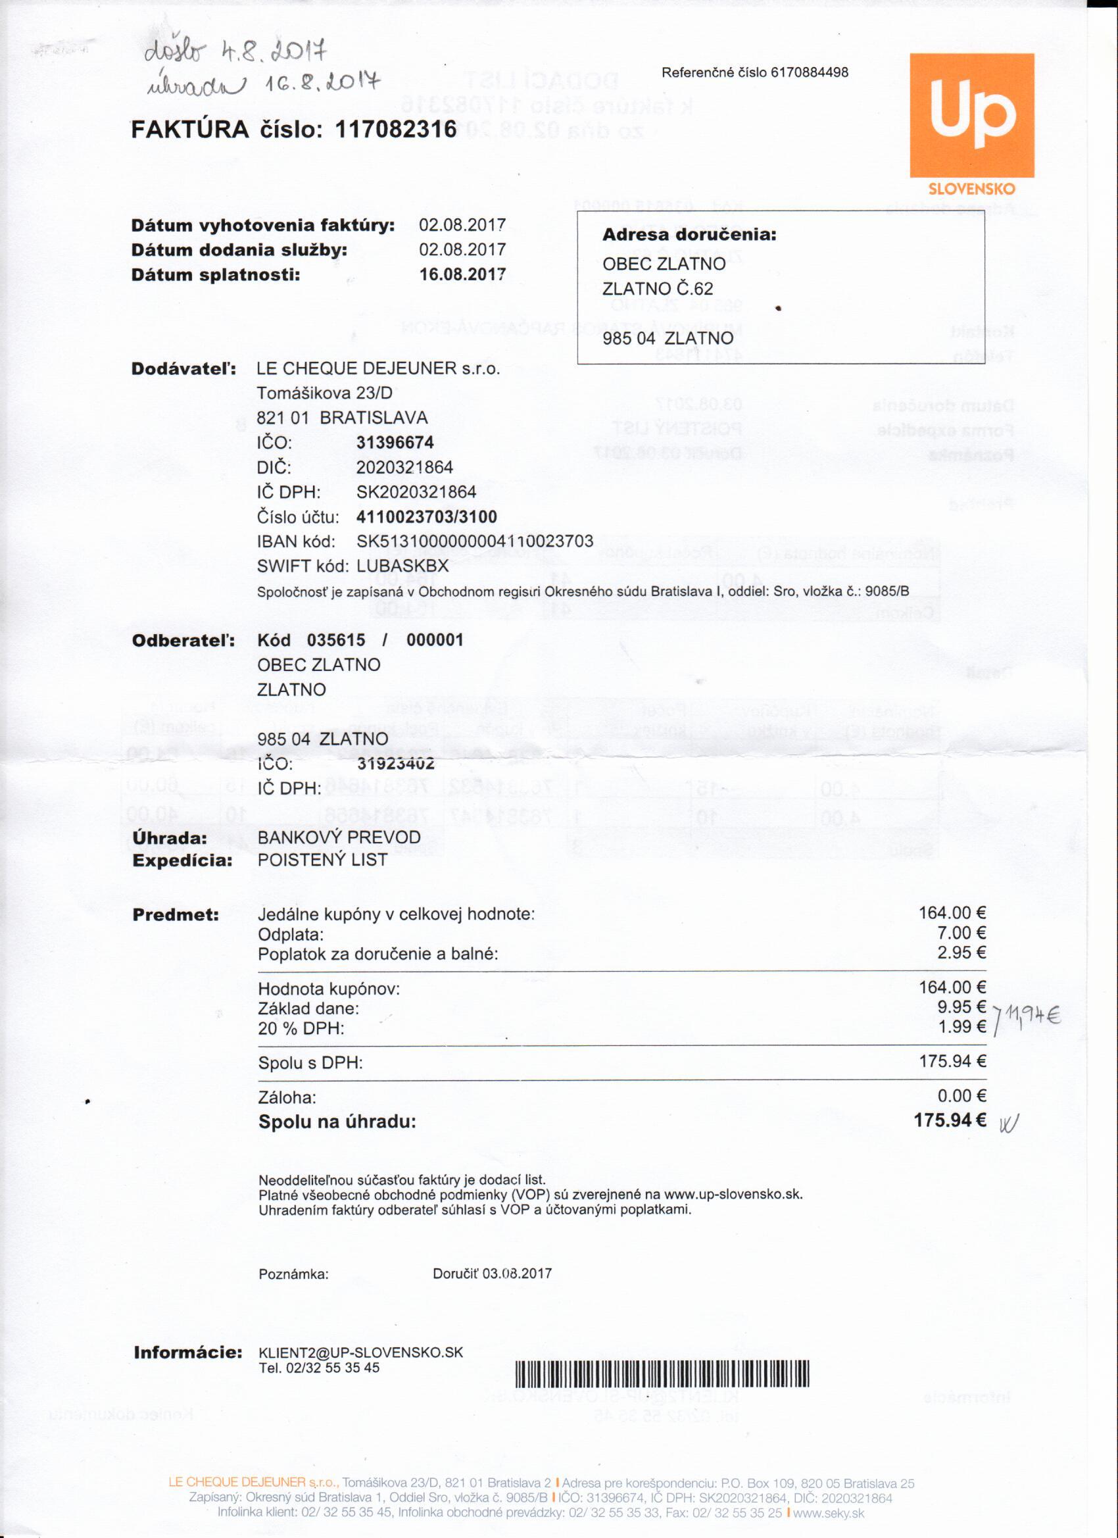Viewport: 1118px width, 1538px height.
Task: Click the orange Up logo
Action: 971,115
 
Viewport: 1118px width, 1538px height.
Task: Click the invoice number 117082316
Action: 396,129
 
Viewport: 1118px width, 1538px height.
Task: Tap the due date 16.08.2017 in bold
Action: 462,275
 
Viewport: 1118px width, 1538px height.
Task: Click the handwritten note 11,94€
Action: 1032,1015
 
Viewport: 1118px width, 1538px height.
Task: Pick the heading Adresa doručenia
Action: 689,236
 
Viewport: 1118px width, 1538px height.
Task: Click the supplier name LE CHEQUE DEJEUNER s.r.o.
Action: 377,369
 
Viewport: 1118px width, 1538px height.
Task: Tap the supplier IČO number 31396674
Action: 395,443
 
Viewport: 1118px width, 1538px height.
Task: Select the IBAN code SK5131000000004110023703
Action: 475,541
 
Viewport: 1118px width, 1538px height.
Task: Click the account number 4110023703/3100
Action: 426,517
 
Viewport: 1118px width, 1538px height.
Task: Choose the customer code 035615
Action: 335,640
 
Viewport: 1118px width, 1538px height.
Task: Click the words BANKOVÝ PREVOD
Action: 339,837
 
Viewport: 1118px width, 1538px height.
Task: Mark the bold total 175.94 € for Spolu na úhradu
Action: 950,1120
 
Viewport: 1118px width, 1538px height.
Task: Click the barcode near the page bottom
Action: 662,1376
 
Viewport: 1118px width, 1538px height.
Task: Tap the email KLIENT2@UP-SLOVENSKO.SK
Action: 360,1353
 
